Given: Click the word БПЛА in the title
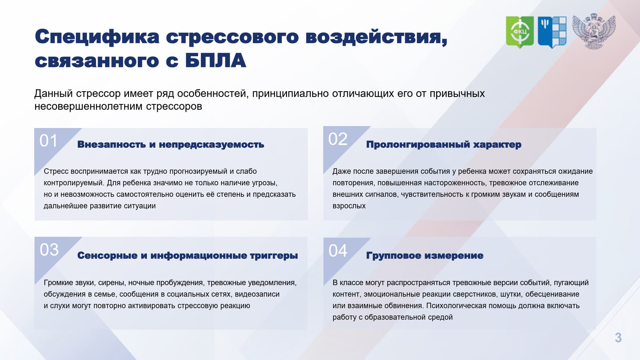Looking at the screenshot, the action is pos(216,61).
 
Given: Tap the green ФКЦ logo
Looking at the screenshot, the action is pos(520,32).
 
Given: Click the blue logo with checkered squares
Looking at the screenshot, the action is pos(552,32).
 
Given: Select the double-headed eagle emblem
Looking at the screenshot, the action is pos(594,31).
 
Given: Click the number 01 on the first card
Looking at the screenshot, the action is pos(49,140).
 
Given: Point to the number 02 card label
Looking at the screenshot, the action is pos(338,139).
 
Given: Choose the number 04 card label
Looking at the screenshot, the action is pos(338,250).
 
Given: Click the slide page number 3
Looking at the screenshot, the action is pos(618,338).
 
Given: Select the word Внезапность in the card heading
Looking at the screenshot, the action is pos(112,144).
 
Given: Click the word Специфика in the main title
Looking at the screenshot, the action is pos(97,37).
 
